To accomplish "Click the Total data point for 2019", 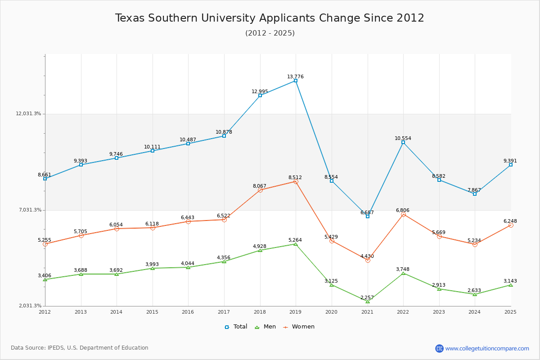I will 296,81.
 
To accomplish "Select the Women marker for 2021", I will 368,260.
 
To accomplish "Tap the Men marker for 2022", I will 403,273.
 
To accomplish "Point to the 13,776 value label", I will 295,76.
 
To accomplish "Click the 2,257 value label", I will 367,297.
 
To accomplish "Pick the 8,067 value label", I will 260,186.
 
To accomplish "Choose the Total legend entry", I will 236,327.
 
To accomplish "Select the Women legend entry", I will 299,327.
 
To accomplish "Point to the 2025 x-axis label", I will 510,311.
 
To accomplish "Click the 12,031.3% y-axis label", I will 28,113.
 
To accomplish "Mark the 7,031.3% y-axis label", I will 30,210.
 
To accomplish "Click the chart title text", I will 270,18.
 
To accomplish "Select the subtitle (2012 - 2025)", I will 270,33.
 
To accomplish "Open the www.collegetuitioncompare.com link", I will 487,348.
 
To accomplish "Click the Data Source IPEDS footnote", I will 80,348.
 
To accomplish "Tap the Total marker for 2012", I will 45,179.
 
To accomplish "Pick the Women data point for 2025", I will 511,225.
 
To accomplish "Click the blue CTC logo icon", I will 439,348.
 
